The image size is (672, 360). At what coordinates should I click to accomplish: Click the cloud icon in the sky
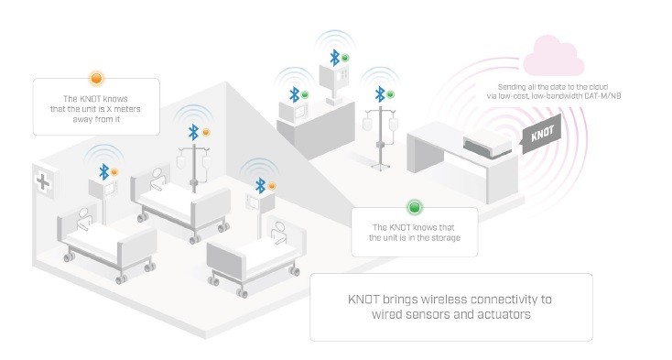555,56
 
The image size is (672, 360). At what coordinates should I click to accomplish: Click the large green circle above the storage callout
414,208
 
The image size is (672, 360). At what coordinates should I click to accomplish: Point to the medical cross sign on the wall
42,180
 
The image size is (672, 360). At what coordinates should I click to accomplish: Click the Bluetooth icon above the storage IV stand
379,93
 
